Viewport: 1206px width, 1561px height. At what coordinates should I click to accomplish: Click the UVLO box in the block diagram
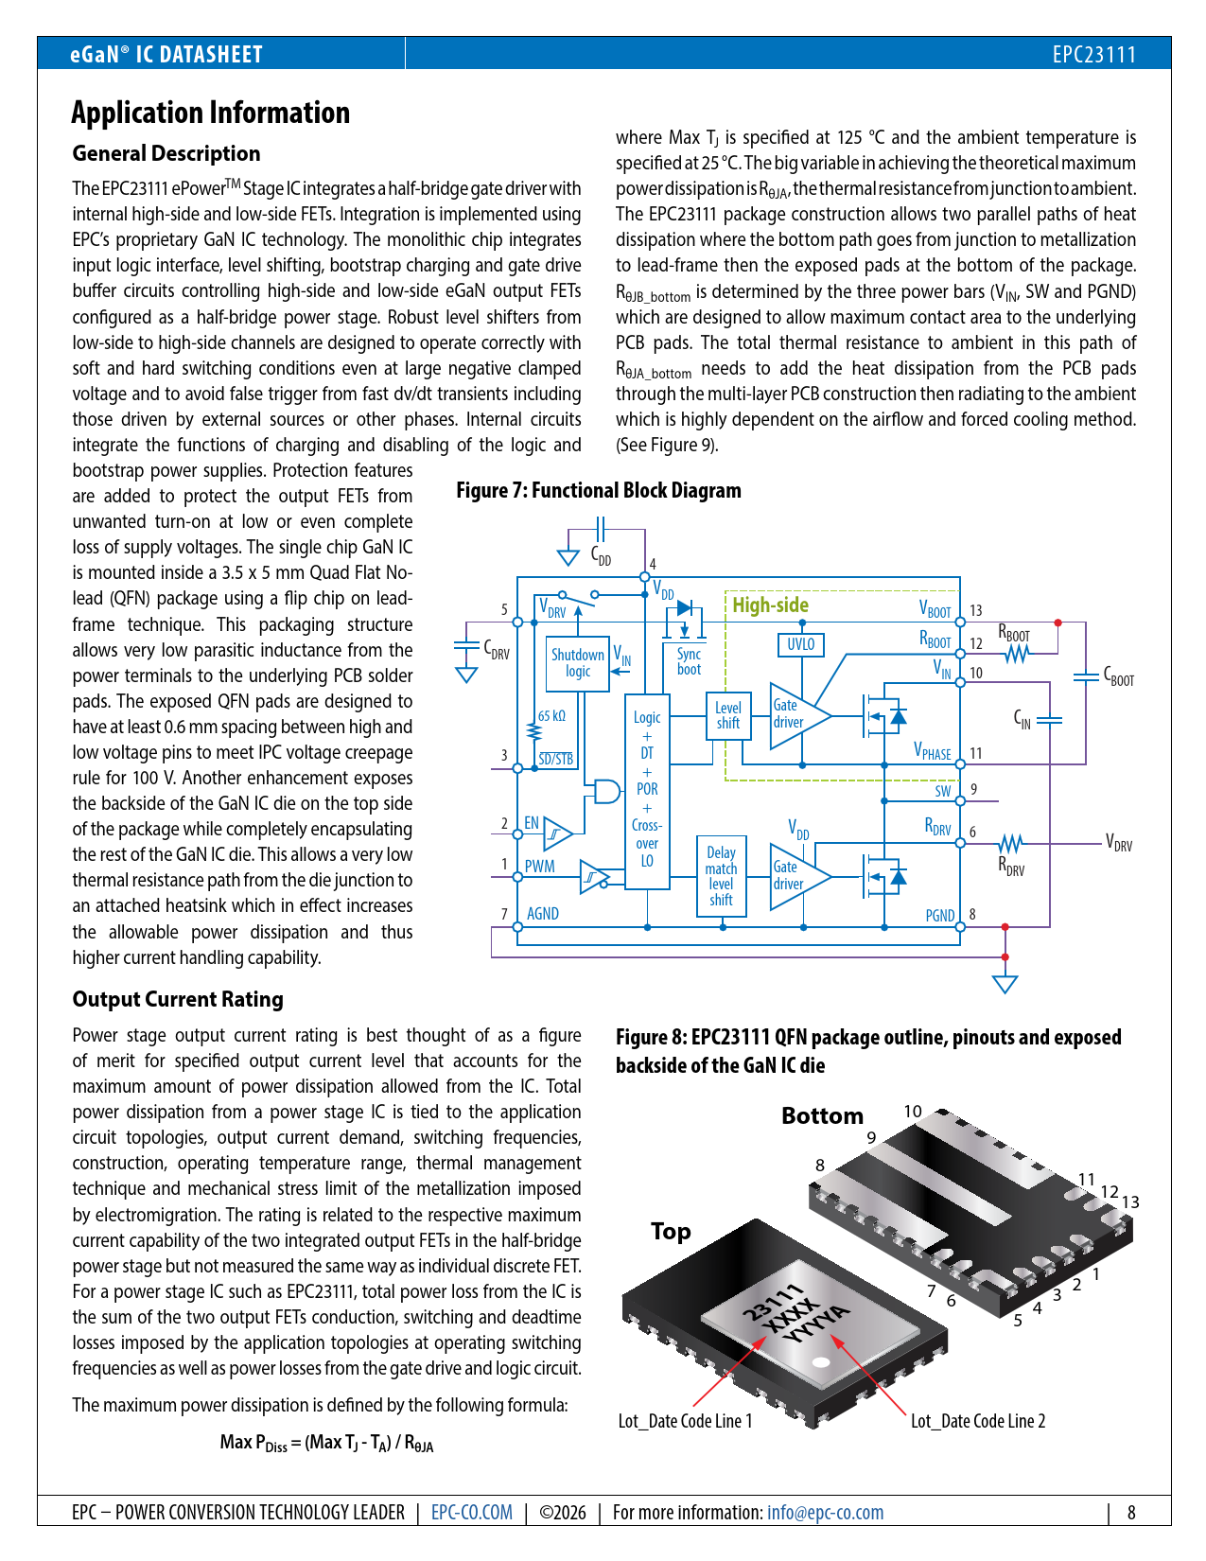[800, 644]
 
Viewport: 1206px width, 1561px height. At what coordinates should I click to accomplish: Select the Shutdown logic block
[577, 662]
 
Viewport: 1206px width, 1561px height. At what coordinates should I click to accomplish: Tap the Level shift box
[727, 715]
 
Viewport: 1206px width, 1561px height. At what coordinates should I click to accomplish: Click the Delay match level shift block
[721, 876]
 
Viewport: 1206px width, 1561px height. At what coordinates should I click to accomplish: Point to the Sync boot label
[689, 661]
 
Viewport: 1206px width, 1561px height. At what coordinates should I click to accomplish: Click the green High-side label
[770, 605]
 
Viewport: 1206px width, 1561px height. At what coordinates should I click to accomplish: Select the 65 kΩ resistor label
[551, 716]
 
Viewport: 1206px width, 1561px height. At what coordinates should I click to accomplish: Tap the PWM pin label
[539, 866]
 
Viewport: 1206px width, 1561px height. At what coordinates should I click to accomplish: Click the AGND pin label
[542, 914]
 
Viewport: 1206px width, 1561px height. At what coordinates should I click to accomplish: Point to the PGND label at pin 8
[939, 916]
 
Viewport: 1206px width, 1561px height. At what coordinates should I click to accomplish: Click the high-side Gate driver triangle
[795, 714]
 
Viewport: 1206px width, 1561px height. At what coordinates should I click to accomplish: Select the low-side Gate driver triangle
[795, 876]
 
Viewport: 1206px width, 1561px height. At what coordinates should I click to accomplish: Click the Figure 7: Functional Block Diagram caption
[599, 490]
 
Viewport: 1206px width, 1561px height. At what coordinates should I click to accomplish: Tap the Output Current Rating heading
[178, 999]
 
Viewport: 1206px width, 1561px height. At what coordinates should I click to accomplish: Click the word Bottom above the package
[822, 1116]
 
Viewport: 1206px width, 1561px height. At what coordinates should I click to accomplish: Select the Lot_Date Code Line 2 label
[978, 1421]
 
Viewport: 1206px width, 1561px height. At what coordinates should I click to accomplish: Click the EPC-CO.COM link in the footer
[471, 1512]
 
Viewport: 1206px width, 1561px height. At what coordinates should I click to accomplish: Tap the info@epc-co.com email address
[825, 1512]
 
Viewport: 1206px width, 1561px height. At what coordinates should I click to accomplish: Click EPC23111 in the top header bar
[1093, 54]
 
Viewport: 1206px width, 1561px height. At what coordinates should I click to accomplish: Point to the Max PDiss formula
[326, 1443]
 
